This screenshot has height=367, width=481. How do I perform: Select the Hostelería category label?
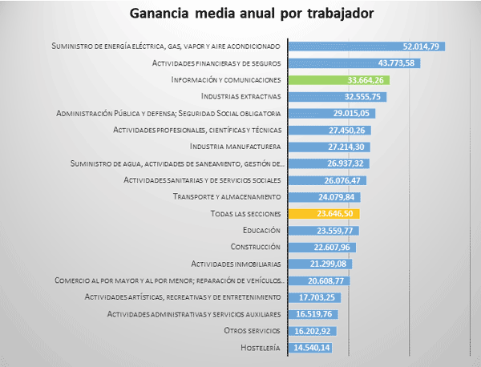pyautogui.click(x=260, y=348)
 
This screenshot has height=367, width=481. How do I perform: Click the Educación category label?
pyautogui.click(x=257, y=231)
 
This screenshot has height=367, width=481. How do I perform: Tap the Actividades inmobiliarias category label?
pyautogui.click(x=236, y=264)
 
